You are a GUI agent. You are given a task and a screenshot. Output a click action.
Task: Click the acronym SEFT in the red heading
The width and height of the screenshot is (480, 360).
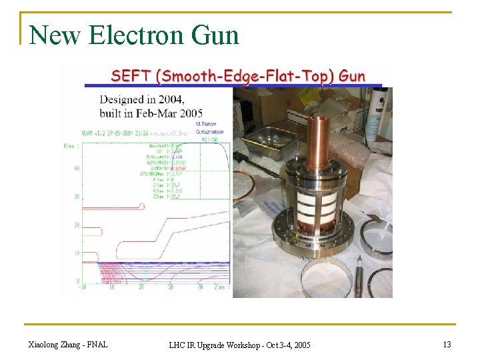[x=131, y=76]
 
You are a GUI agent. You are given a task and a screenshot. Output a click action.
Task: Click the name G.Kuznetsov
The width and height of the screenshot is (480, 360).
[x=211, y=131]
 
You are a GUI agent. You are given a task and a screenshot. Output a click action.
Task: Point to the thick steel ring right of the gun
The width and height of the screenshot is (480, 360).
[x=377, y=237]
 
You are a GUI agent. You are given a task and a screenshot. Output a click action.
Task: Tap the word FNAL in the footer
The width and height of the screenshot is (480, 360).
[x=97, y=344]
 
